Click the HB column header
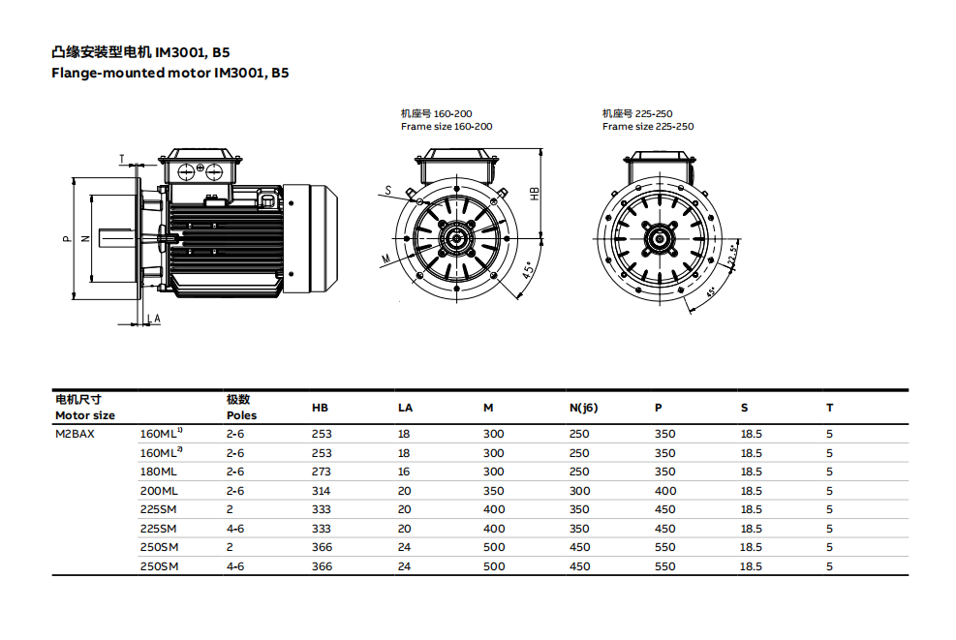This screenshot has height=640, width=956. click(320, 408)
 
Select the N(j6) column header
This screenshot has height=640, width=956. click(583, 408)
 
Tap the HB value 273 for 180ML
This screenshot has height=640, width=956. click(321, 472)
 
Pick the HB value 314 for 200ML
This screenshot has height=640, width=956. click(321, 491)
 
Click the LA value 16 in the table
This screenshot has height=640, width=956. click(404, 472)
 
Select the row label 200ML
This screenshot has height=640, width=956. click(159, 491)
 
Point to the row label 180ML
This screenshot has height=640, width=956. click(159, 472)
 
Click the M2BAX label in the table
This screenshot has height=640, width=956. click(75, 434)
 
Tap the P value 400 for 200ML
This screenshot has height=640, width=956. click(665, 491)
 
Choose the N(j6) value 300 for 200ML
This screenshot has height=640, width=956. click(579, 491)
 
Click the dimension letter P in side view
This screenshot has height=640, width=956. click(66, 238)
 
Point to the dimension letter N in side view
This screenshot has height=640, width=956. click(84, 238)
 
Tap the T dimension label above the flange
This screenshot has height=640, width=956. click(122, 157)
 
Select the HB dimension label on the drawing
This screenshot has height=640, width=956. click(535, 193)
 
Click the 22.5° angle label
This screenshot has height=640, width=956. click(732, 256)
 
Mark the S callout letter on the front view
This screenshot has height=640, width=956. click(387, 191)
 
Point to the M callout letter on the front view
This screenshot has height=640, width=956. click(385, 259)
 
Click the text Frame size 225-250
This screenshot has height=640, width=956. click(647, 127)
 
